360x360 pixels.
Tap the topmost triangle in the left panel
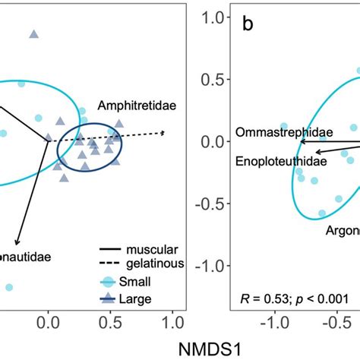pos(33,34)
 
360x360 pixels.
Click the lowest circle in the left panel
pos(8,287)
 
